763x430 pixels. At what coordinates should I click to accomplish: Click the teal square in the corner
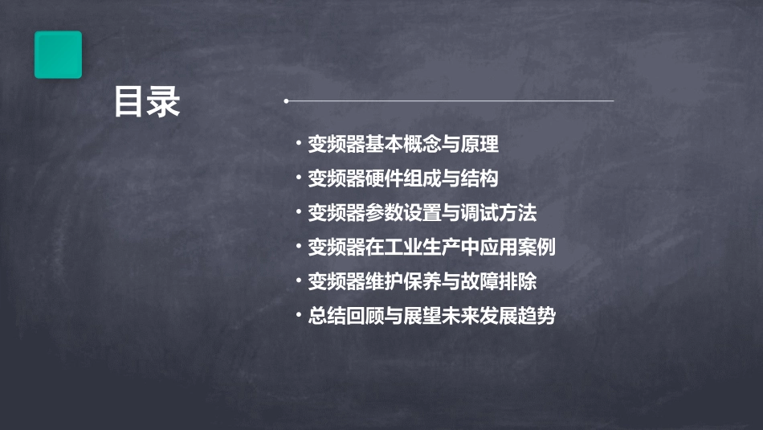tap(58, 55)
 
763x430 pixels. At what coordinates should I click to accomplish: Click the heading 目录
tap(146, 102)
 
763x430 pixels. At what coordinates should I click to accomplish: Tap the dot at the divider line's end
tap(286, 101)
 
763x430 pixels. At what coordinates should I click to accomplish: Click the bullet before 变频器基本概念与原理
tap(298, 145)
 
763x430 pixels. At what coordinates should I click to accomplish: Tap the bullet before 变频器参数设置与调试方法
tap(298, 213)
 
